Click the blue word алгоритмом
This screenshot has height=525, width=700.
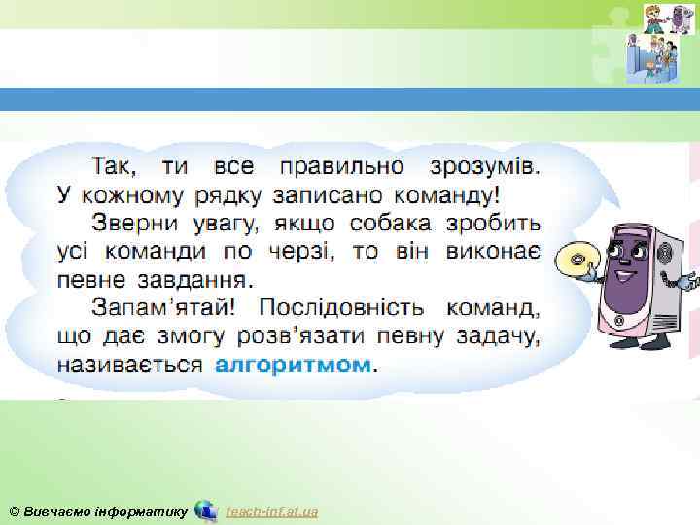293,366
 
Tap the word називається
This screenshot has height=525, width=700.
129,366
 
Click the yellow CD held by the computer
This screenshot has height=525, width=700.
576,260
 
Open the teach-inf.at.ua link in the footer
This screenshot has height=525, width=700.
271,511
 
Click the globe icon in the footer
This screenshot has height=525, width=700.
205,510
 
